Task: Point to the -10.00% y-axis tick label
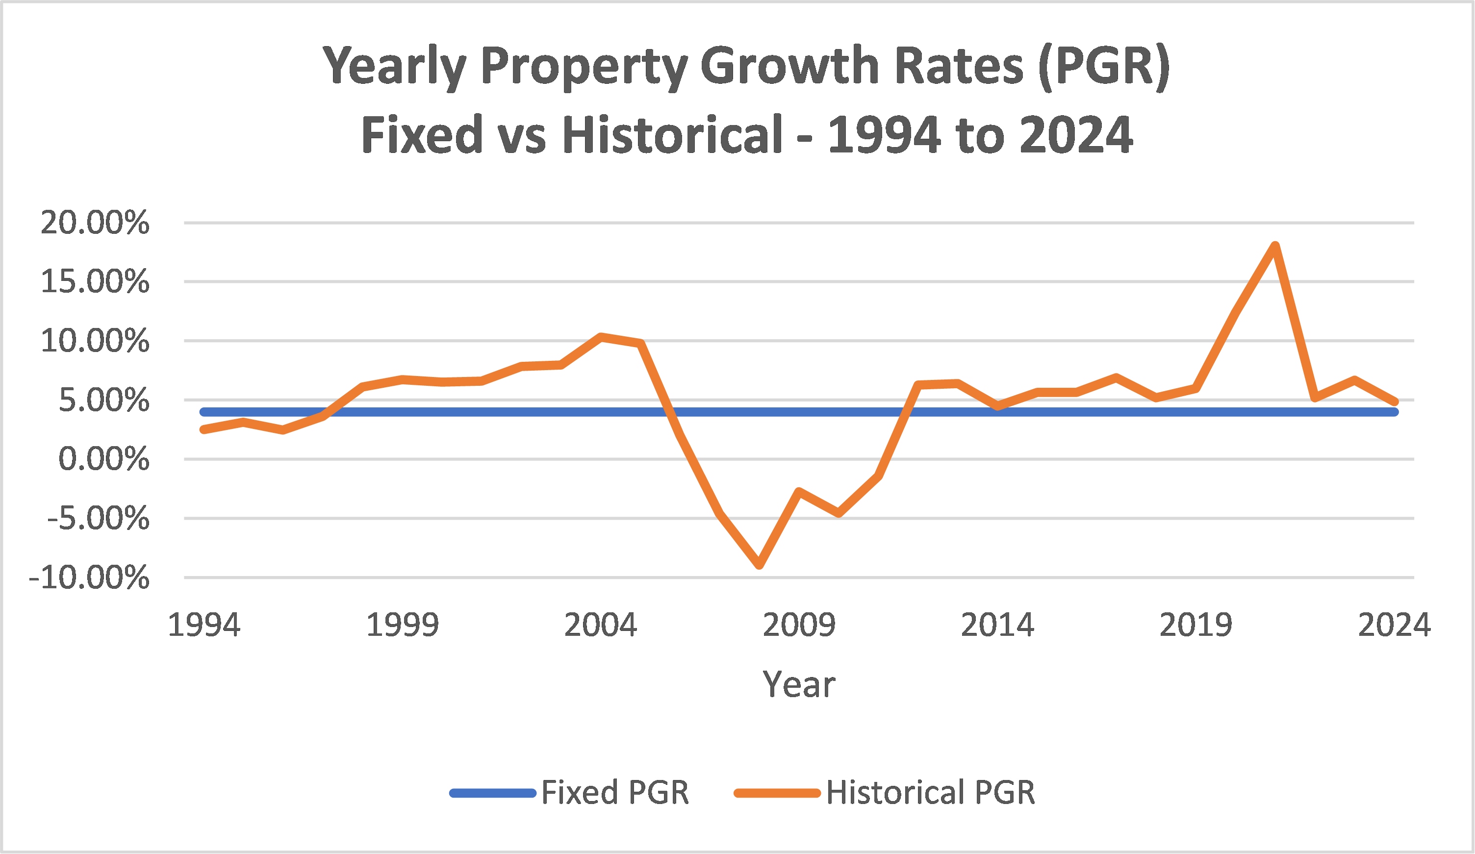point(89,578)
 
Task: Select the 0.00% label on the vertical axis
point(103,459)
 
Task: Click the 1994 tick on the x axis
point(203,625)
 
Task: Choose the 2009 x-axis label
point(799,625)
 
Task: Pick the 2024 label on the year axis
point(1394,625)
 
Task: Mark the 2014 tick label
point(997,625)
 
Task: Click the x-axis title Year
point(799,684)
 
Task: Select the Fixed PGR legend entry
point(614,793)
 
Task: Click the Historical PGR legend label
point(931,793)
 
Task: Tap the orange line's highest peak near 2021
point(1275,246)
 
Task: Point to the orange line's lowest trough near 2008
point(760,565)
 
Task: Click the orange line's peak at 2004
point(601,337)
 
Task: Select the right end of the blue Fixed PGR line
point(1394,412)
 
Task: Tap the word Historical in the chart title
point(673,135)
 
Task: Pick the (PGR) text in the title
point(1103,66)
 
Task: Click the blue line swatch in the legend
point(493,794)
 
